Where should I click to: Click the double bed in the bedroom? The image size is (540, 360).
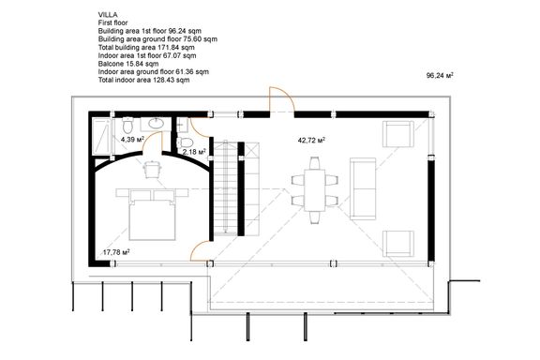152,219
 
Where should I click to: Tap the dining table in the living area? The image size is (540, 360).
314,189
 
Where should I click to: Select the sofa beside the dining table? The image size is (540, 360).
363,188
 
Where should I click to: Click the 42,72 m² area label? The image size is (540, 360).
311,141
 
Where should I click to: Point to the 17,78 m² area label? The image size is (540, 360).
116,252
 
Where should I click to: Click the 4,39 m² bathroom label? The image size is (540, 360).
132,139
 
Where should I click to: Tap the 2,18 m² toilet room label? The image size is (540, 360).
194,152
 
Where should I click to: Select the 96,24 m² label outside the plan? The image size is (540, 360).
440,75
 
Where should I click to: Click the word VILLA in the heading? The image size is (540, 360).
108,14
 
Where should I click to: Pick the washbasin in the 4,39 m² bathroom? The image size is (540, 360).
157,124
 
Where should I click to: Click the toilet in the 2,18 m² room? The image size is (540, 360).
186,142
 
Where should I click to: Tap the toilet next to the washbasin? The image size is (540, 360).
127,125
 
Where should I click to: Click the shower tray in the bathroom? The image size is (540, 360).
102,137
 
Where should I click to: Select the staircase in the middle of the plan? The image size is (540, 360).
226,188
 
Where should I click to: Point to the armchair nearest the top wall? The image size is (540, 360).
398,134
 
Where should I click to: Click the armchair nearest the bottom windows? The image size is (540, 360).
398,244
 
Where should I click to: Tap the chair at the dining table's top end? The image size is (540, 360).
314,163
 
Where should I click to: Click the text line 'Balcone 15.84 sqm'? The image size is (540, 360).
128,64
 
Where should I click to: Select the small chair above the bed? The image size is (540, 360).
152,169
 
